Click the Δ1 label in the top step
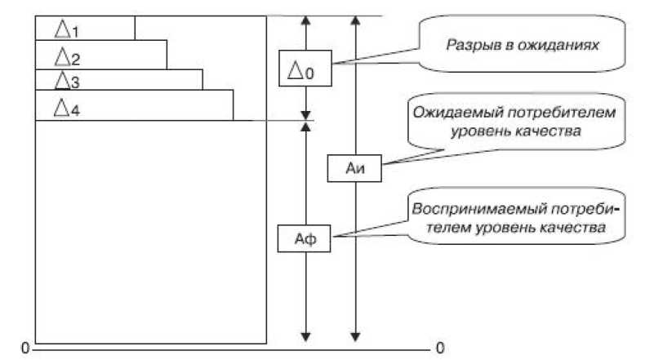pos(67,29)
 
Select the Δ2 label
pos(67,57)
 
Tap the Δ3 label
pos(67,81)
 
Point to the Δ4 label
pos(67,106)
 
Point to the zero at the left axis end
pos(24,349)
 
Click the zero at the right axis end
pos(441,349)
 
